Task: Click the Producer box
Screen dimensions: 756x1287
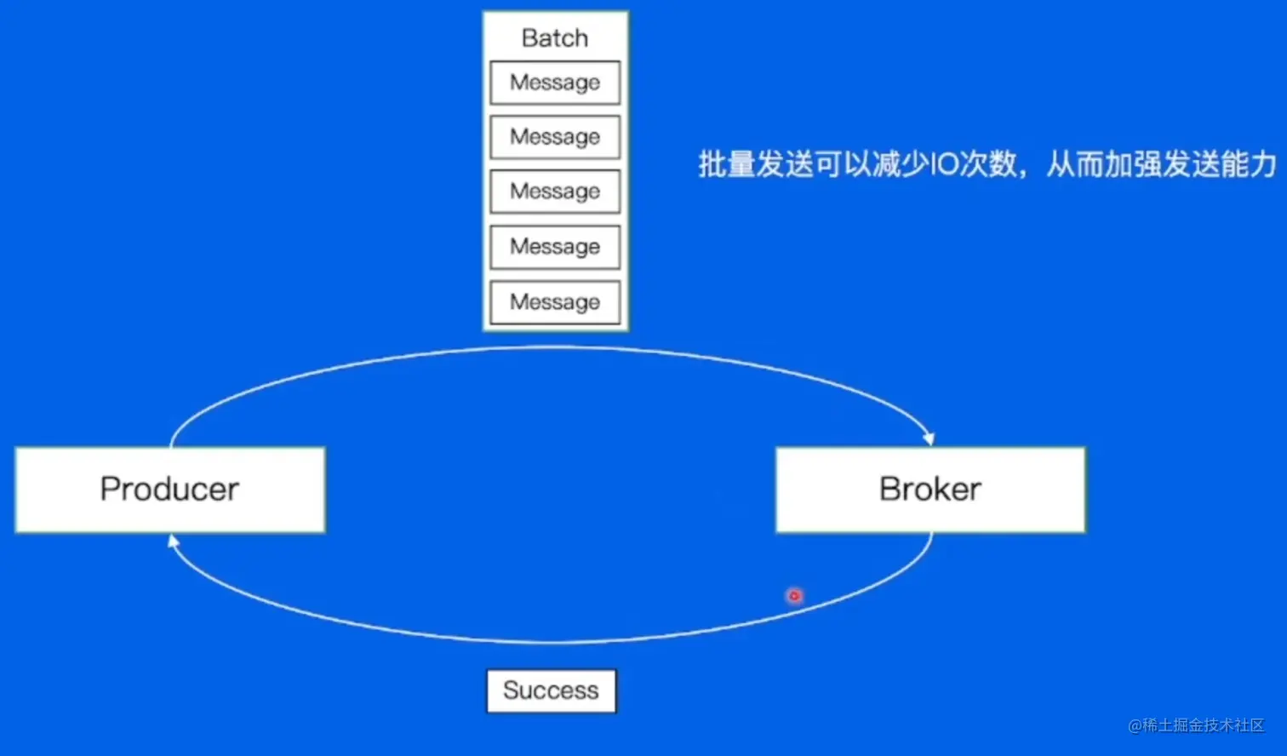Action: (170, 490)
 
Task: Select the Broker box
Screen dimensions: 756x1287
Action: (930, 490)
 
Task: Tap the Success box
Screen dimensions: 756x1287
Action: (551, 690)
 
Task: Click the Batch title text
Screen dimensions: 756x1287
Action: (554, 38)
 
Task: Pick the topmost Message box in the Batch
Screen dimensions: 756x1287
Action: (555, 83)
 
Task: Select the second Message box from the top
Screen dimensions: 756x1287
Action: (555, 137)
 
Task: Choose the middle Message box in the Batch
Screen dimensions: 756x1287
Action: (555, 192)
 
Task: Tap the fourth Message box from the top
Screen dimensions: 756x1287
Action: (555, 247)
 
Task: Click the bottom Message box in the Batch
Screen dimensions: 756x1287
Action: (555, 302)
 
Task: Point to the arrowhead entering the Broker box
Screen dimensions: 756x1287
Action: (929, 439)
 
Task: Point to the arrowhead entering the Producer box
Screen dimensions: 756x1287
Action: (173, 541)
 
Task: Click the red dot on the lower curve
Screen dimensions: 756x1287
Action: (794, 596)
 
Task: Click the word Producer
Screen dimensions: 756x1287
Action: (169, 490)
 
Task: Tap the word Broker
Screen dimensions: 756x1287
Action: (930, 490)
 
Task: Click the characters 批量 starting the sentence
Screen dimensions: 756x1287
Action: (727, 164)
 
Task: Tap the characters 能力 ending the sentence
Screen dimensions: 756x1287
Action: (1249, 164)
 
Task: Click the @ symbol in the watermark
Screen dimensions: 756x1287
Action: (1135, 725)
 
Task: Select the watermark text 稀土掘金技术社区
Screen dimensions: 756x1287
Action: (1204, 725)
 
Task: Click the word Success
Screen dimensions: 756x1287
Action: (551, 690)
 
